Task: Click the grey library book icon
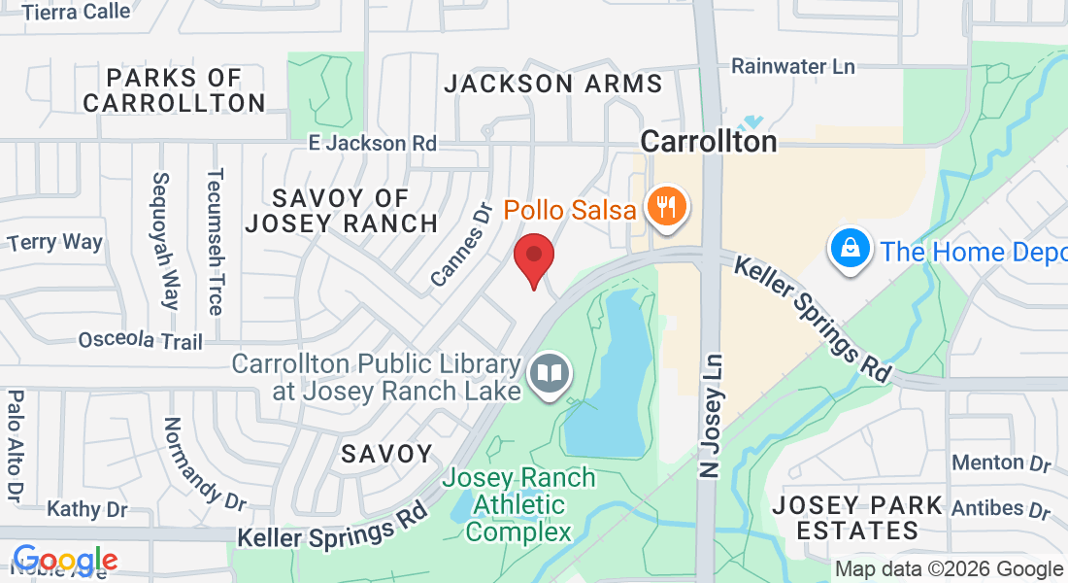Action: pyautogui.click(x=550, y=375)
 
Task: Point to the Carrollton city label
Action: pyautogui.click(x=709, y=141)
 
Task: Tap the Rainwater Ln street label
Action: pyautogui.click(x=793, y=66)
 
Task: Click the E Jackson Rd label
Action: pyautogui.click(x=372, y=143)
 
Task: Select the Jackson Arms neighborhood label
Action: pyautogui.click(x=553, y=84)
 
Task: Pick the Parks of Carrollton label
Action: pyautogui.click(x=175, y=89)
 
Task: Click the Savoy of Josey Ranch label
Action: pyautogui.click(x=342, y=211)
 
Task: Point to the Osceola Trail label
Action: pyautogui.click(x=140, y=341)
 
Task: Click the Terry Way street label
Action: pyautogui.click(x=54, y=242)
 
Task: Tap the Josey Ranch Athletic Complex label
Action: pyautogui.click(x=518, y=504)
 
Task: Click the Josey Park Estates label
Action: pyautogui.click(x=857, y=518)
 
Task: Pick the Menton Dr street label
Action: pyautogui.click(x=1001, y=463)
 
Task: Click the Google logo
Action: pyautogui.click(x=64, y=561)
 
